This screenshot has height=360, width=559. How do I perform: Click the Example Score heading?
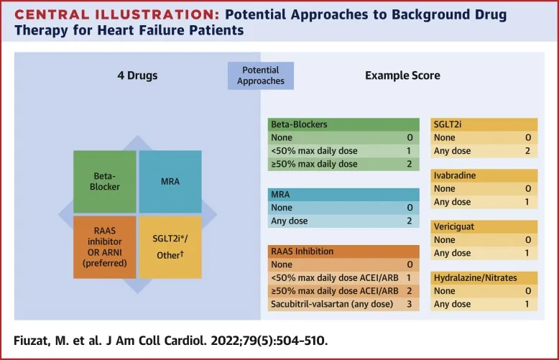point(402,75)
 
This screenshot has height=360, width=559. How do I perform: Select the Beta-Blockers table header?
point(299,124)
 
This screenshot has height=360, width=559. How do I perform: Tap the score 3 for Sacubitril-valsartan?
point(408,305)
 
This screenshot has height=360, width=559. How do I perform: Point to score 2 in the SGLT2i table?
point(527,151)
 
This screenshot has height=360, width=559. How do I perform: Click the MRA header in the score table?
point(282,194)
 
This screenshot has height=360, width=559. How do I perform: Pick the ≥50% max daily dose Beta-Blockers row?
point(313,164)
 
